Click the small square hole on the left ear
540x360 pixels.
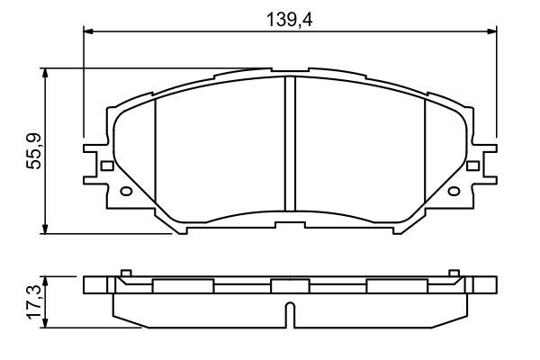(107, 166)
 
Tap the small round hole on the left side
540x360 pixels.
(126, 191)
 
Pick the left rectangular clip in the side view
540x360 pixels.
(184, 286)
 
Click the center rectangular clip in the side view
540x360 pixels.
(290, 286)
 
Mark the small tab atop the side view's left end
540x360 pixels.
(126, 272)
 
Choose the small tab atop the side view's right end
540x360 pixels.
(454, 272)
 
